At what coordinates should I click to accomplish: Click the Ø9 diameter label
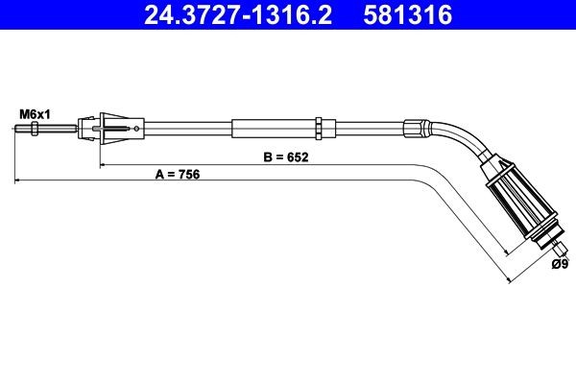pos(560,265)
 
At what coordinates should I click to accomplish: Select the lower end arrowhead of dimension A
pos(509,280)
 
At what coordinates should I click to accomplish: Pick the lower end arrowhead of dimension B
pos(510,252)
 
